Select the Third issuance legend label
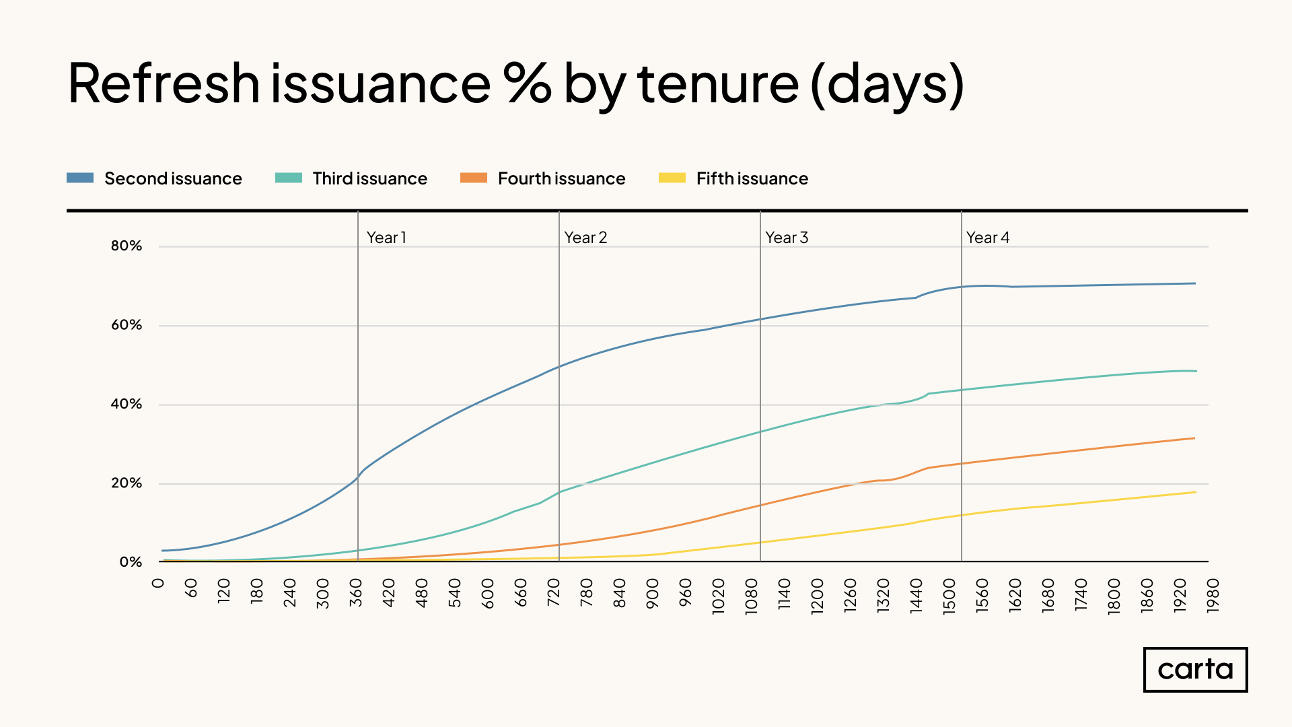coord(369,178)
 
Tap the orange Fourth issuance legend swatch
coord(473,178)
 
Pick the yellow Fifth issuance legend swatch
coord(672,178)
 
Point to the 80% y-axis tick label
coord(127,246)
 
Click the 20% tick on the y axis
coord(127,483)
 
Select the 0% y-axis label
coord(131,561)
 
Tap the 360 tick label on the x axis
coord(356,593)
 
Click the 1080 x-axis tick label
coord(752,596)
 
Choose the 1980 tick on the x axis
coord(1213,596)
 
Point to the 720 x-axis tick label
coord(554,593)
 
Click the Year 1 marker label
coord(386,238)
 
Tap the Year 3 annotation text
coord(787,238)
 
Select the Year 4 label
coord(988,238)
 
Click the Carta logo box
coord(1195,669)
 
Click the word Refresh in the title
coord(164,83)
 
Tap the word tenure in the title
coord(718,83)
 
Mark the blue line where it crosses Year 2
coord(559,367)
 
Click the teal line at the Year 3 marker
coord(760,432)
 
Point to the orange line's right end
coord(1194,438)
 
